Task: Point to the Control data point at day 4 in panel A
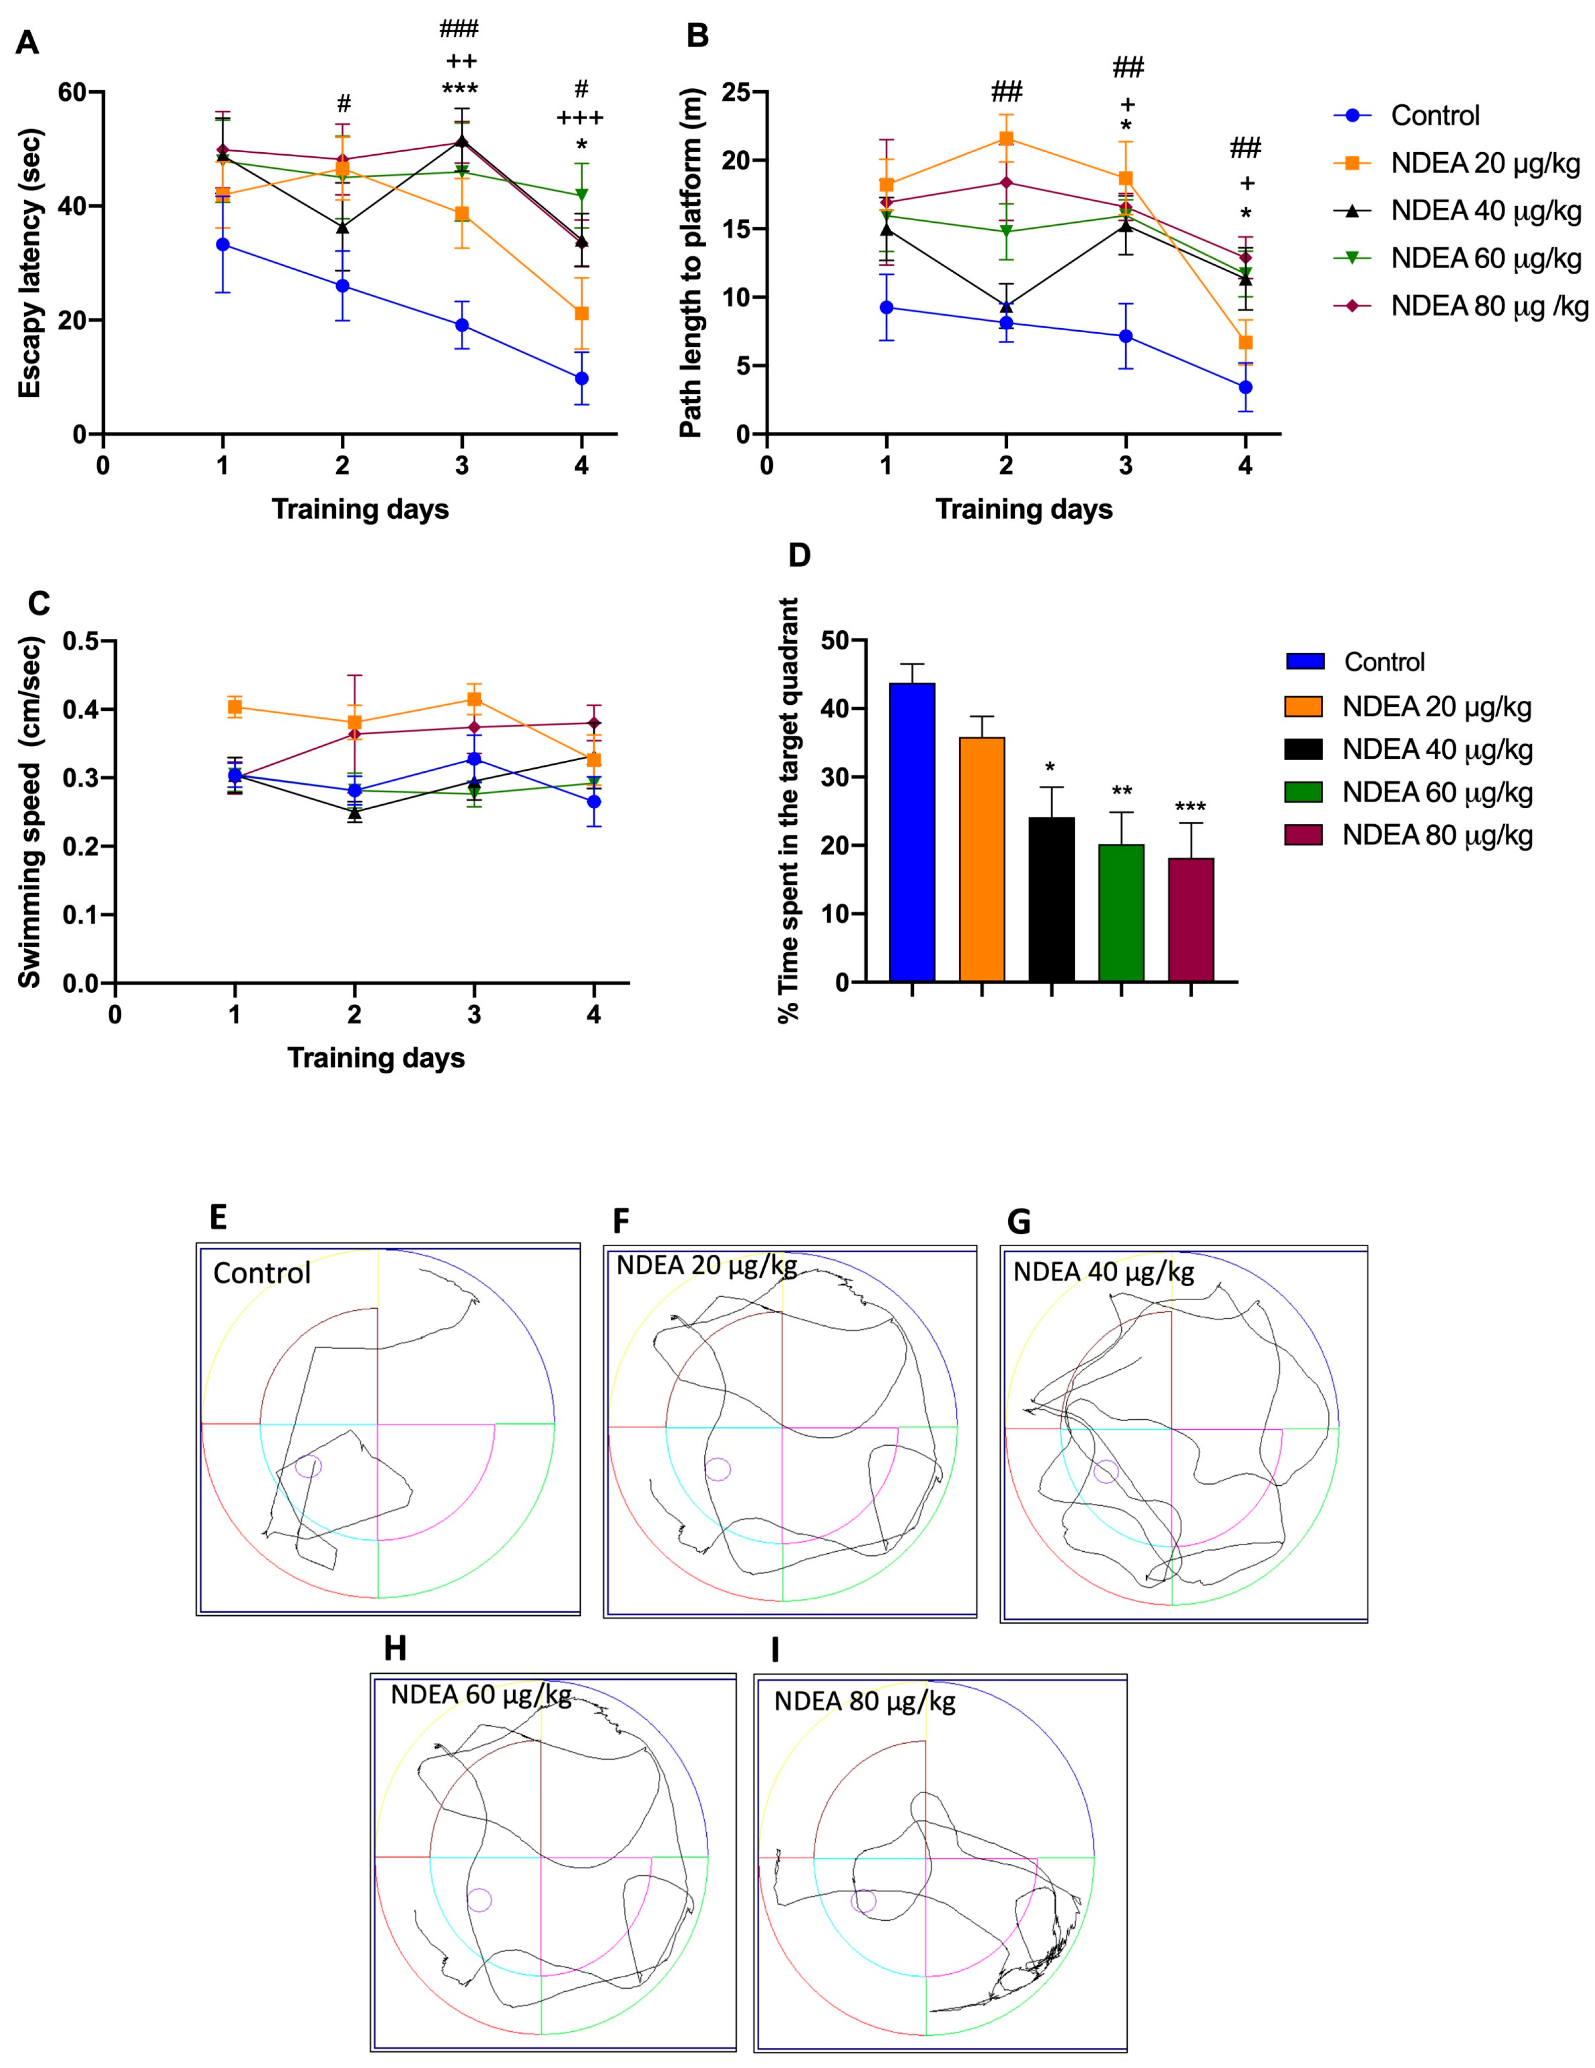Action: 581,379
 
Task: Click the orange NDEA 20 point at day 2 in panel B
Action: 1006,138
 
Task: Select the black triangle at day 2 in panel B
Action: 1006,307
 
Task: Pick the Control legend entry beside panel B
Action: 1434,115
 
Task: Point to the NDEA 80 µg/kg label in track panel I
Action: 864,1701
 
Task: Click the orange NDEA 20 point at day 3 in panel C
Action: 474,700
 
